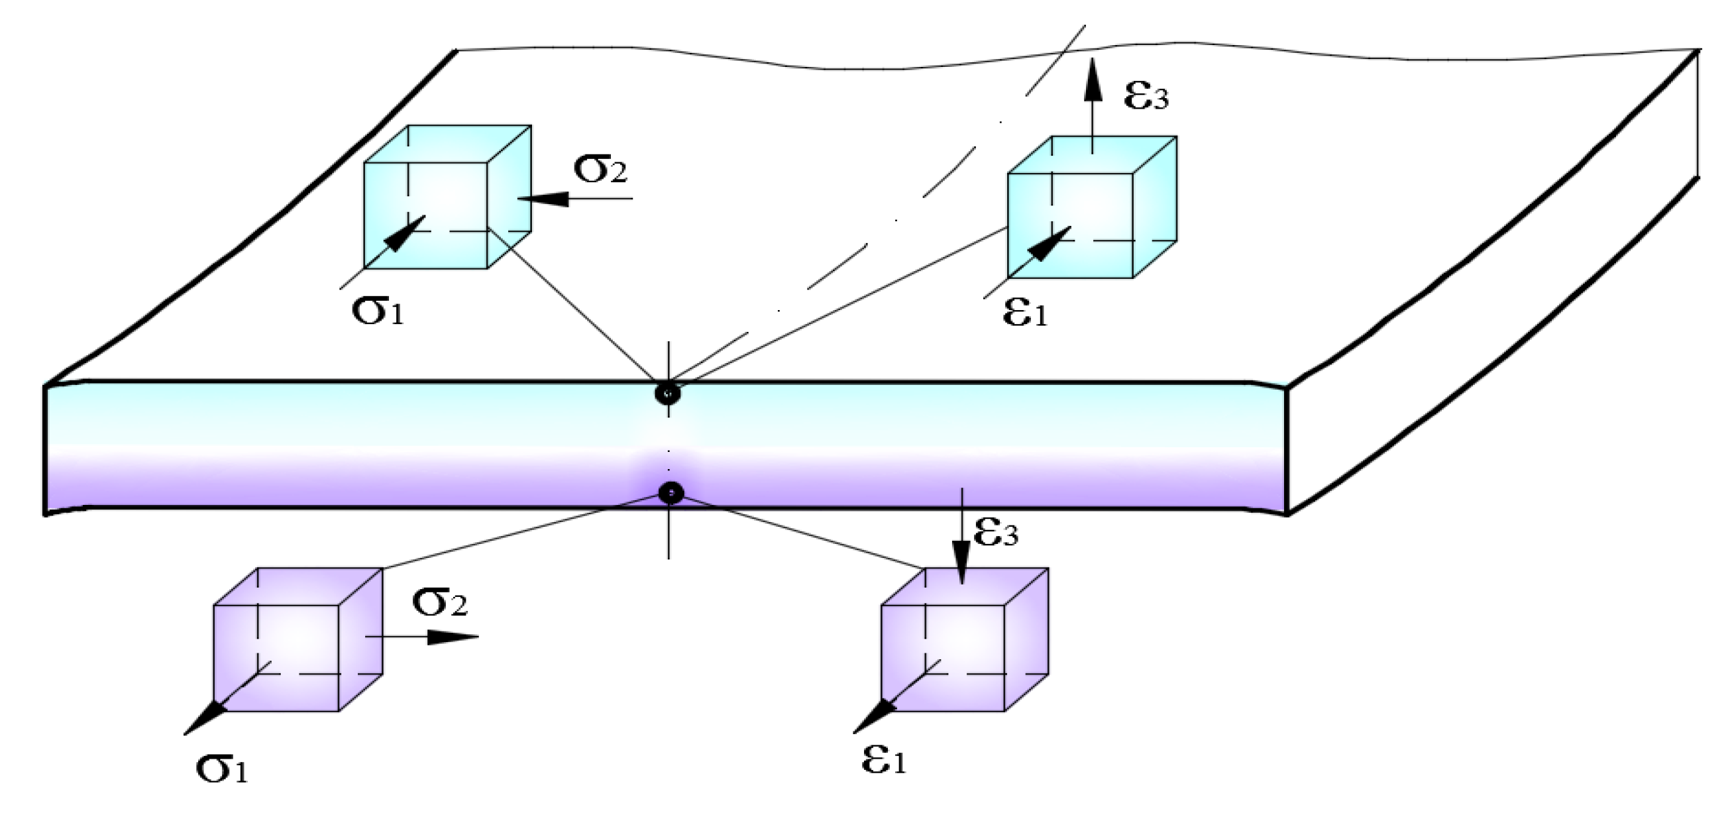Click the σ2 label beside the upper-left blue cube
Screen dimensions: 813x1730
tap(600, 170)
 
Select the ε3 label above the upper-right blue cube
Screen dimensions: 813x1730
tap(1146, 96)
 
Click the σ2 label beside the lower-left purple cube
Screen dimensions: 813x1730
tap(440, 602)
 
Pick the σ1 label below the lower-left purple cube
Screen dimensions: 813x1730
tap(222, 769)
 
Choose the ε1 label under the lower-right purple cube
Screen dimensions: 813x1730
tap(883, 761)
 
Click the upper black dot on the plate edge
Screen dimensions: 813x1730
tap(668, 394)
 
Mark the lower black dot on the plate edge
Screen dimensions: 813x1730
tap(671, 494)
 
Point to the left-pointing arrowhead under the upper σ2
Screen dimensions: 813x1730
tap(543, 199)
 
